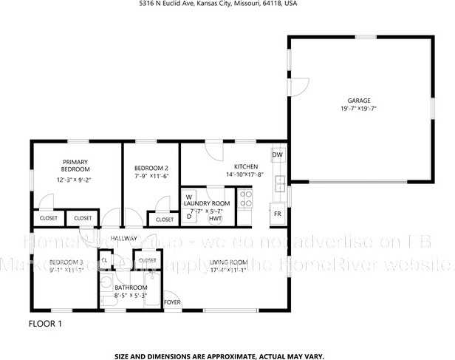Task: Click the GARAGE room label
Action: pos(359,100)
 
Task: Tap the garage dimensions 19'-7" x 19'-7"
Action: pos(359,109)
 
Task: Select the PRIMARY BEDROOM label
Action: pos(75,166)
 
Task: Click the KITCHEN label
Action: pos(245,166)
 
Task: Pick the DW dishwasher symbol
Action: pos(278,154)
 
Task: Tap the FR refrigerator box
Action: pos(278,214)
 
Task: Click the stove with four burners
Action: pos(246,198)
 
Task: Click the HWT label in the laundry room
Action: pos(216,219)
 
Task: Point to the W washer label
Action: pos(189,196)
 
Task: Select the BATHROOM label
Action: pos(131,287)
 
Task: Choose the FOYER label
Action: pos(172,302)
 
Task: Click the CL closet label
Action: pos(105,260)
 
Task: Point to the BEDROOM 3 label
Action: pos(66,262)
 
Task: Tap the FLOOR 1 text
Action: pos(46,324)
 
